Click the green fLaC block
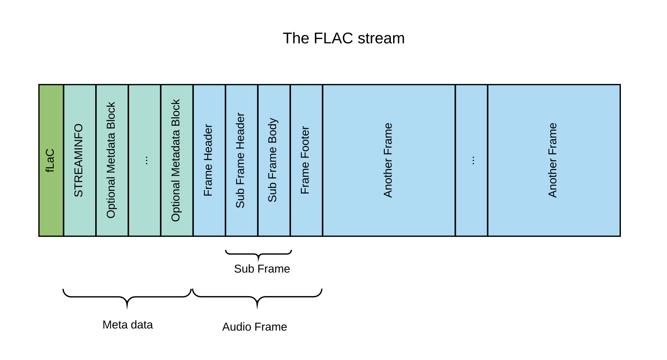pyautogui.click(x=51, y=161)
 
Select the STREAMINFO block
pyautogui.click(x=80, y=161)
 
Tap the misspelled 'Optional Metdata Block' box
pyautogui.click(x=112, y=161)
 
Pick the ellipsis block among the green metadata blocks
pyautogui.click(x=144, y=161)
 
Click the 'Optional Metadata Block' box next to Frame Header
pyautogui.click(x=176, y=161)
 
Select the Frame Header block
pyautogui.click(x=209, y=161)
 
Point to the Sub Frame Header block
pyautogui.click(x=241, y=161)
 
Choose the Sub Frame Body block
pyautogui.click(x=273, y=161)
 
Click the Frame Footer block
pyautogui.click(x=306, y=161)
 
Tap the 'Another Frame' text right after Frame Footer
pyautogui.click(x=388, y=161)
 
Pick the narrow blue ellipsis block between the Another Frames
pyautogui.click(x=471, y=161)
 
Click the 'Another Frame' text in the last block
pyautogui.click(x=553, y=161)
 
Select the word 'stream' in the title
pyautogui.click(x=381, y=39)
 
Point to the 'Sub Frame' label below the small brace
pyautogui.click(x=262, y=269)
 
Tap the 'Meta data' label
pyautogui.click(x=127, y=325)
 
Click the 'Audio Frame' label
pyautogui.click(x=254, y=327)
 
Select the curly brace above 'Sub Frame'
pyautogui.click(x=259, y=254)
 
